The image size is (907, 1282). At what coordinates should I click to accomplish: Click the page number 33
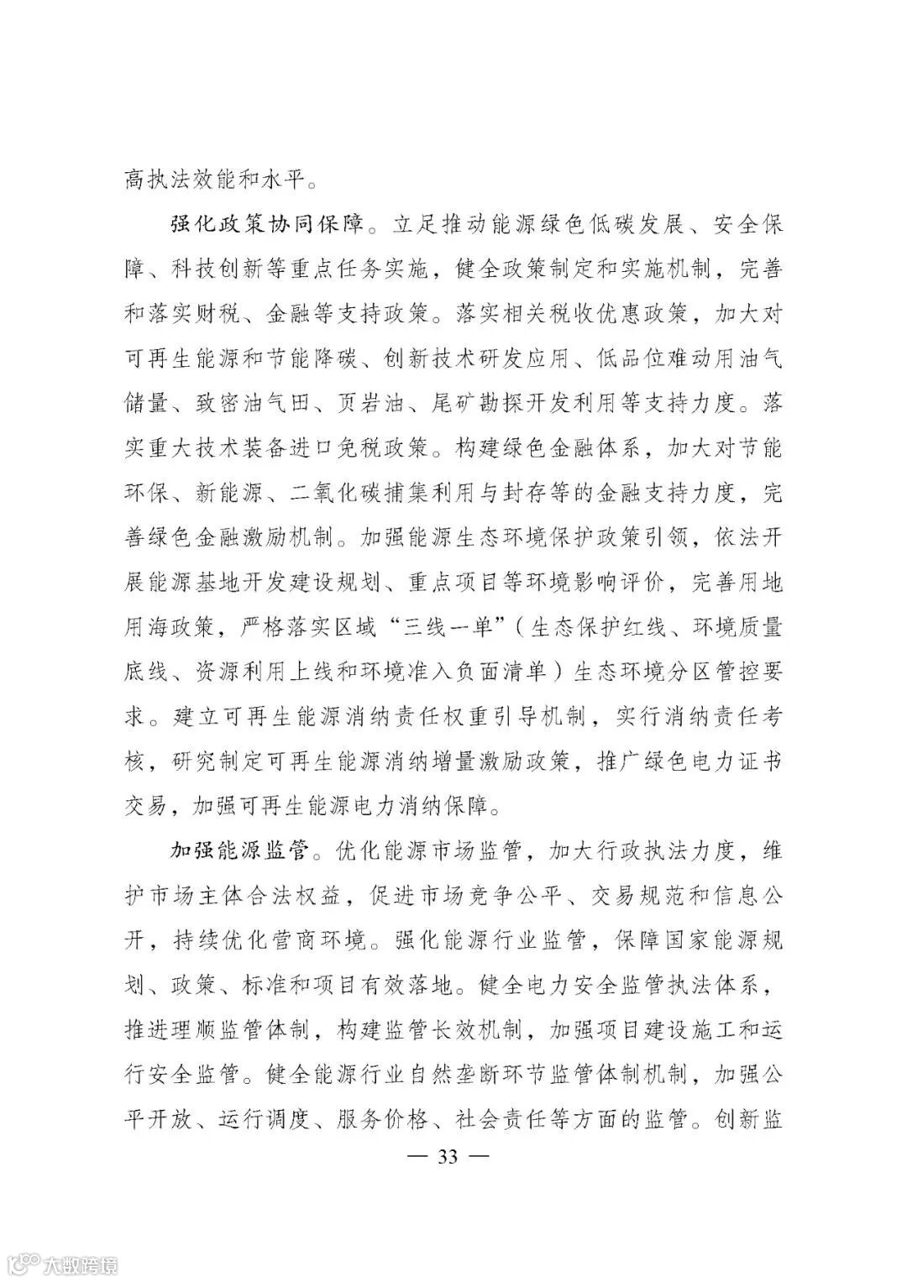click(x=447, y=1157)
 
